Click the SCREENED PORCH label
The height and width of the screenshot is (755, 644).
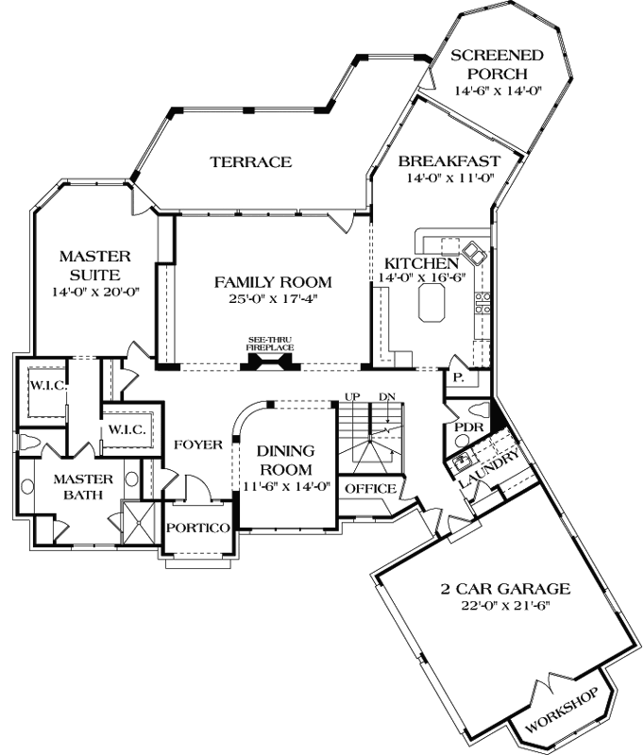coord(489,64)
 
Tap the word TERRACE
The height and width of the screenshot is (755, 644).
coord(250,161)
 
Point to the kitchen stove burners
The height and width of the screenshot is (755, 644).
coord(482,303)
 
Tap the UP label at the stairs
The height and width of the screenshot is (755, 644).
coord(353,396)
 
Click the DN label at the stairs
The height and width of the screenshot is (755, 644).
coord(385,396)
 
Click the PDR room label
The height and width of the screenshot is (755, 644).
coord(469,428)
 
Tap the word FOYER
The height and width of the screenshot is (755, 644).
coord(197,444)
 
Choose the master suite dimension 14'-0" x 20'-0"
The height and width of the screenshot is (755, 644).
coord(93,292)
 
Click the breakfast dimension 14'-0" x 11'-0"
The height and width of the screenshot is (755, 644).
coord(450,178)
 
